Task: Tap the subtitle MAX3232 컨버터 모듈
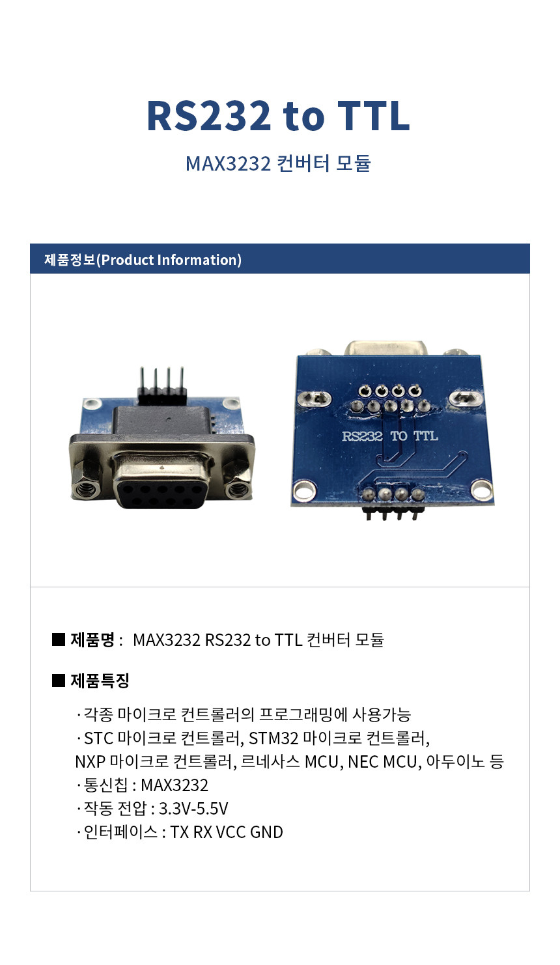(278, 163)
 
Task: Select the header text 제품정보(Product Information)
(143, 260)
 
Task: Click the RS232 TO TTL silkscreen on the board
(390, 436)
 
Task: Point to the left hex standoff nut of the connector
(85, 487)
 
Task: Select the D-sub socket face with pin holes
(160, 495)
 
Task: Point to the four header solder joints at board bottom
(393, 494)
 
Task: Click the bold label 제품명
(92, 639)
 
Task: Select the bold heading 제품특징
(100, 680)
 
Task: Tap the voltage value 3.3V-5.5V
(193, 809)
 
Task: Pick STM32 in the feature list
(273, 738)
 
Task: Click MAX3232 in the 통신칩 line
(175, 785)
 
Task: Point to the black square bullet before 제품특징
(58, 680)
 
